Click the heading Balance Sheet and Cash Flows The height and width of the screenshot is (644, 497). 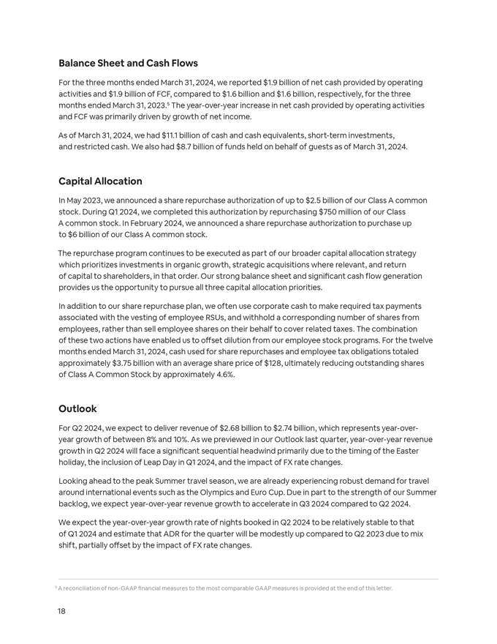[128, 64]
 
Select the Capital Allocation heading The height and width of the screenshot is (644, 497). [100, 181]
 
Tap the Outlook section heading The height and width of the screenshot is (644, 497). [77, 409]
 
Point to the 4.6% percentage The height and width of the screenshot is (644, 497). [223, 375]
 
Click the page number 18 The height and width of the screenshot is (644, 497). [62, 611]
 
